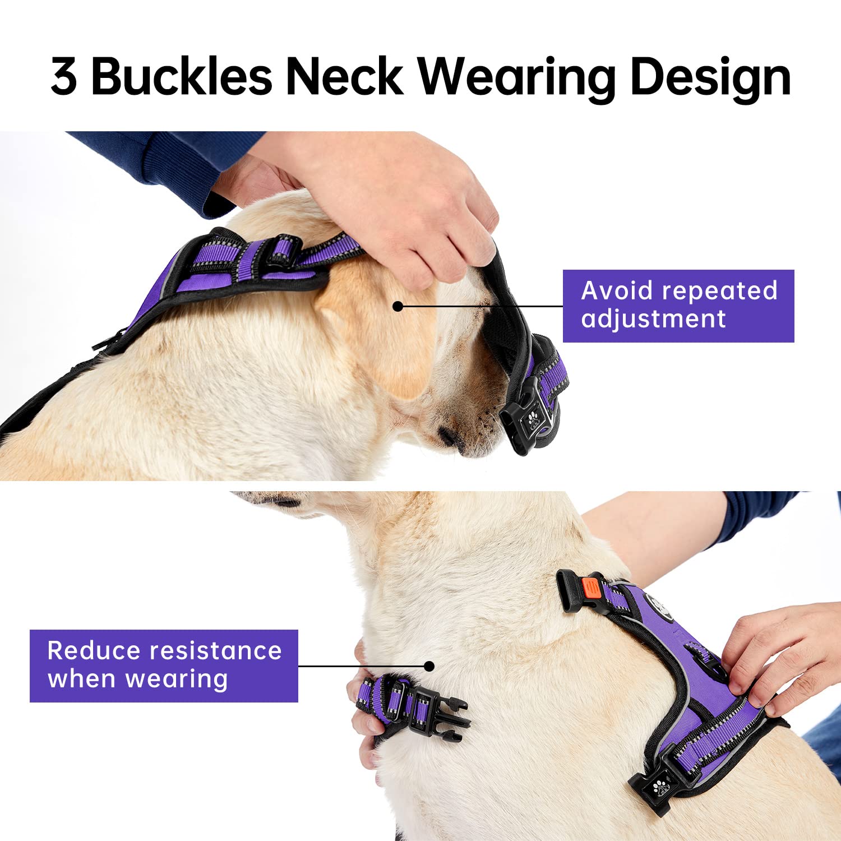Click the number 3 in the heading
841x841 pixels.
[x=64, y=77]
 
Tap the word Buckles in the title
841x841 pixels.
[x=182, y=77]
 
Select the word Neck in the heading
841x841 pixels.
[x=344, y=77]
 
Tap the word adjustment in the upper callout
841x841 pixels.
[x=653, y=319]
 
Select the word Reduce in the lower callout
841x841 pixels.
[x=94, y=651]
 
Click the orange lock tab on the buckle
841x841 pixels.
[x=590, y=588]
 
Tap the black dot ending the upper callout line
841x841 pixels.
[x=398, y=306]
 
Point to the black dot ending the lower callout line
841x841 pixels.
[x=429, y=666]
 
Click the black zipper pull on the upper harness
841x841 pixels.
[x=107, y=341]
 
